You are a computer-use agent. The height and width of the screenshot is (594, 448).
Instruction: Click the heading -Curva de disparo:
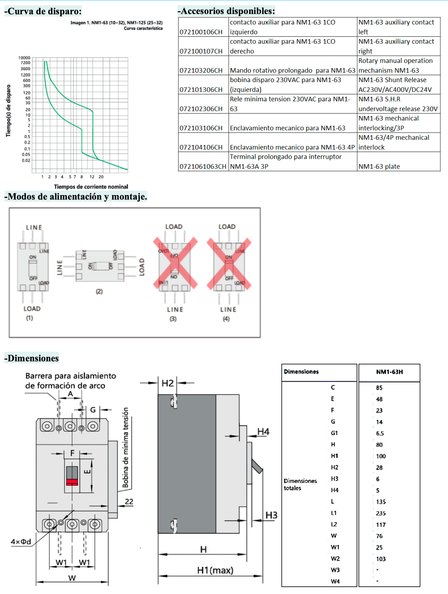click(x=43, y=11)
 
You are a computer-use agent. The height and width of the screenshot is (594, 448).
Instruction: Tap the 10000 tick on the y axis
click(x=24, y=58)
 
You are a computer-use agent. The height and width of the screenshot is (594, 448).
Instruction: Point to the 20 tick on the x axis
click(x=101, y=177)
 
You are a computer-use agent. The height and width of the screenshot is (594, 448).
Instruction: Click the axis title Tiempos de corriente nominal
click(x=91, y=187)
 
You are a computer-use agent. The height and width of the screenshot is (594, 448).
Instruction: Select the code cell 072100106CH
click(x=201, y=32)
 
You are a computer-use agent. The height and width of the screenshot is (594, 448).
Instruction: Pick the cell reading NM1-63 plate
click(x=379, y=166)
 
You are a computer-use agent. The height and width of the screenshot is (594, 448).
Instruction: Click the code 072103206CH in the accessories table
click(x=201, y=70)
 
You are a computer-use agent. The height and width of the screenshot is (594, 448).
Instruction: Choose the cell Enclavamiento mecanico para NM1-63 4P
click(x=292, y=147)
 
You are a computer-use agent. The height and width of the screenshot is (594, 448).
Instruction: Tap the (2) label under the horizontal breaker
click(x=99, y=291)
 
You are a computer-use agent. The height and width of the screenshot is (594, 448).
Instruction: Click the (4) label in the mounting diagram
click(x=226, y=319)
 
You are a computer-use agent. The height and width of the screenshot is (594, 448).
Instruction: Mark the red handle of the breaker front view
click(x=72, y=482)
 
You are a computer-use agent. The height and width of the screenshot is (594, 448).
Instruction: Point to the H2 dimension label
click(x=168, y=383)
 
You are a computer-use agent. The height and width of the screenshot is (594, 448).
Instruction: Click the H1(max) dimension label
click(x=215, y=570)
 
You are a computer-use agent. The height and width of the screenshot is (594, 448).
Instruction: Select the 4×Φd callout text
click(x=21, y=542)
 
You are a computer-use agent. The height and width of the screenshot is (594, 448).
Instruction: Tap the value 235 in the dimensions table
click(x=381, y=513)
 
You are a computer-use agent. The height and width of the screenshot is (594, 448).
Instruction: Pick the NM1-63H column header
click(x=389, y=372)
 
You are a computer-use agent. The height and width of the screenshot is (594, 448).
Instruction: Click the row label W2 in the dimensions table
click(x=335, y=559)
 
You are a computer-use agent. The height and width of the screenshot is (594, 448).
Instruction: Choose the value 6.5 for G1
click(x=380, y=433)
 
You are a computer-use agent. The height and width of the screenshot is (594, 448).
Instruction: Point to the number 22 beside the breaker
click(x=129, y=502)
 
